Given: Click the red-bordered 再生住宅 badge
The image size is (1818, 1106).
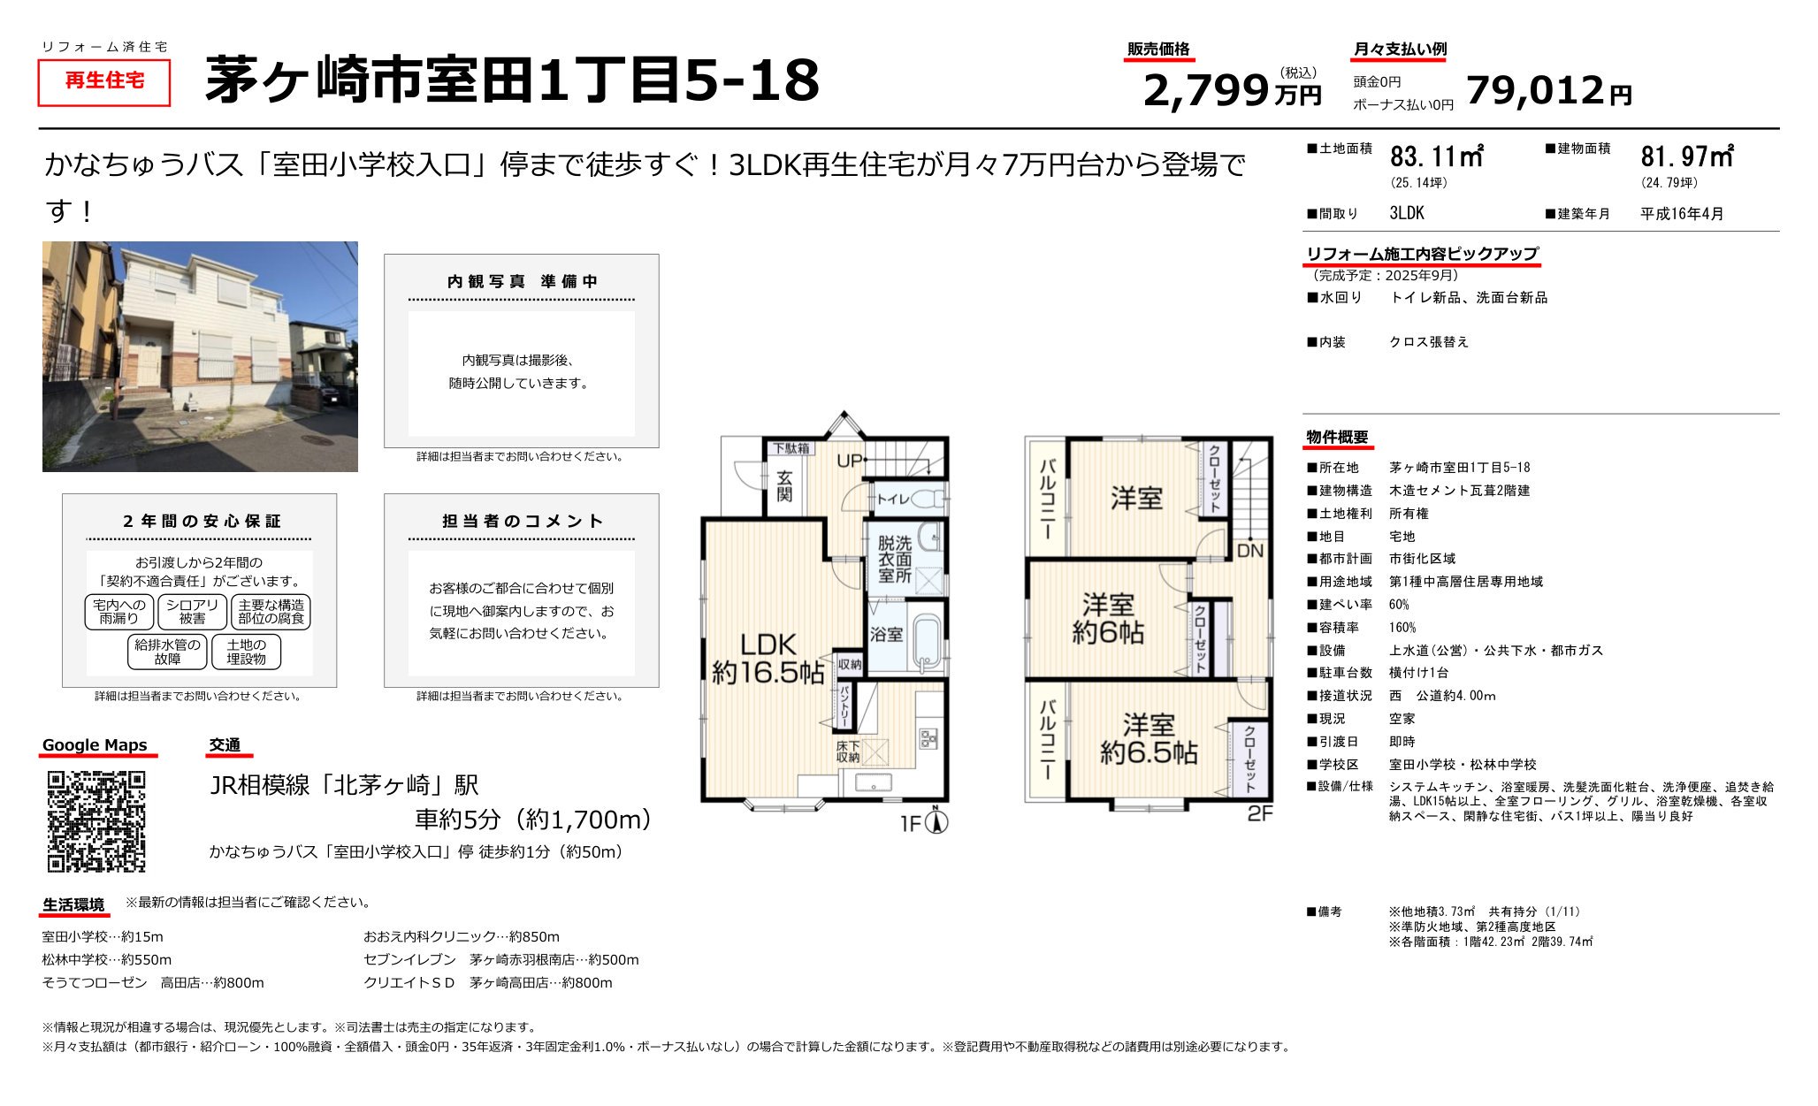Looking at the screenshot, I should (103, 81).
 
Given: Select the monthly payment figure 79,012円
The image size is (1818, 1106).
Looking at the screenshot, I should (1548, 90).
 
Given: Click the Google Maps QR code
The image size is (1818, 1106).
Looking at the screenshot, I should (96, 821).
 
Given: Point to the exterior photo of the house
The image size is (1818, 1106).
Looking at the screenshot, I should (200, 356).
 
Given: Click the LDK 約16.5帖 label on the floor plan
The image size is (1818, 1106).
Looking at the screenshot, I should (768, 659).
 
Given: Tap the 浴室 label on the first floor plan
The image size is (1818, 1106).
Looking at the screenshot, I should (886, 634).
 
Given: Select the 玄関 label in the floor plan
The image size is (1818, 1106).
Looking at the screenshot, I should (784, 485).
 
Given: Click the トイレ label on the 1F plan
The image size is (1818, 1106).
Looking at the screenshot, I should (892, 500).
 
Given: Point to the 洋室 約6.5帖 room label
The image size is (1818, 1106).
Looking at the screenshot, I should (1149, 739).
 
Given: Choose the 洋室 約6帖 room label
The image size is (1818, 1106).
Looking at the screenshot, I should (1108, 618).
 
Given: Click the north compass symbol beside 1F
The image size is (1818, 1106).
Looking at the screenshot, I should (937, 822).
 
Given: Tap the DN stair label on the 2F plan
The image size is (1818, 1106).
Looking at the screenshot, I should (1250, 551).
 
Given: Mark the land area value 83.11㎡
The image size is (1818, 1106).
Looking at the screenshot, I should (1436, 156).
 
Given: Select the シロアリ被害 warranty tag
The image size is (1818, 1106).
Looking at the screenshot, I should (192, 612).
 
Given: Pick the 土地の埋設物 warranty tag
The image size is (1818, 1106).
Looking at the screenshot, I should (246, 652).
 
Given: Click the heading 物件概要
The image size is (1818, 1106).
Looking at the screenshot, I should (1337, 437).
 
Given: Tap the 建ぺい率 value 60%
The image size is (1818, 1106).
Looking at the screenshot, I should (1399, 605).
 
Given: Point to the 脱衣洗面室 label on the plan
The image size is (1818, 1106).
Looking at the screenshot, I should (894, 559).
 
